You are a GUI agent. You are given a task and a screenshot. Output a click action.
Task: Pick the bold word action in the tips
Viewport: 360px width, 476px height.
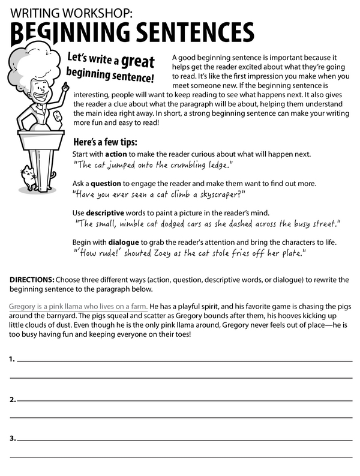116,154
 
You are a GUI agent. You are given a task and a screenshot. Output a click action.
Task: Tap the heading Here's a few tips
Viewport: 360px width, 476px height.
105,142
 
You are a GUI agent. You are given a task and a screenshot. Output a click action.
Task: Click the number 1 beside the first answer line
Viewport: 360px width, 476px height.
11,359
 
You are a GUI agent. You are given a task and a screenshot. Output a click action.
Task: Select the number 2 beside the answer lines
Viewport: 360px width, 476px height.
11,399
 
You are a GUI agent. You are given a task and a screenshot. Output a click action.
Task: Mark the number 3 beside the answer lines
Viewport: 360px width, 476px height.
11,439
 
